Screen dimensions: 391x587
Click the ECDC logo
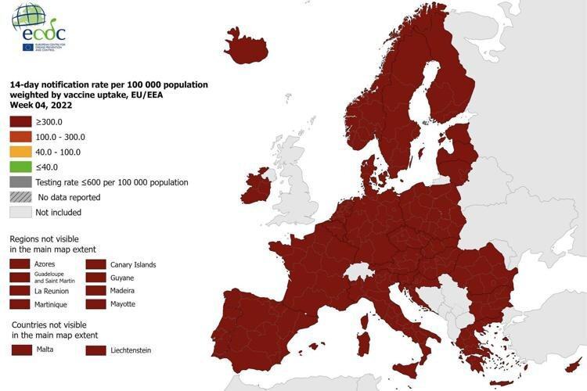38,27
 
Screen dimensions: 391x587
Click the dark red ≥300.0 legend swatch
20,122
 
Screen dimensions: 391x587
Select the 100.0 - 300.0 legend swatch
20,137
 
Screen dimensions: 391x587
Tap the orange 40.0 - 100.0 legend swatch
20,152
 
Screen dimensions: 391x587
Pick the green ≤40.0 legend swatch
20,167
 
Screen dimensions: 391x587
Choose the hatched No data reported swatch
20,197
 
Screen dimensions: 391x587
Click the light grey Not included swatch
20,212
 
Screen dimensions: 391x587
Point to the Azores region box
20,264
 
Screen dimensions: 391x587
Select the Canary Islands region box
95,264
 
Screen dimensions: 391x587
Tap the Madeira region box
95,290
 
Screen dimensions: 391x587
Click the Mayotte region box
95,303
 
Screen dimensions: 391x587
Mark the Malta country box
20,350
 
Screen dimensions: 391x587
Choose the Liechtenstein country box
95,350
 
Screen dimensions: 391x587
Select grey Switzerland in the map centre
359,270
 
